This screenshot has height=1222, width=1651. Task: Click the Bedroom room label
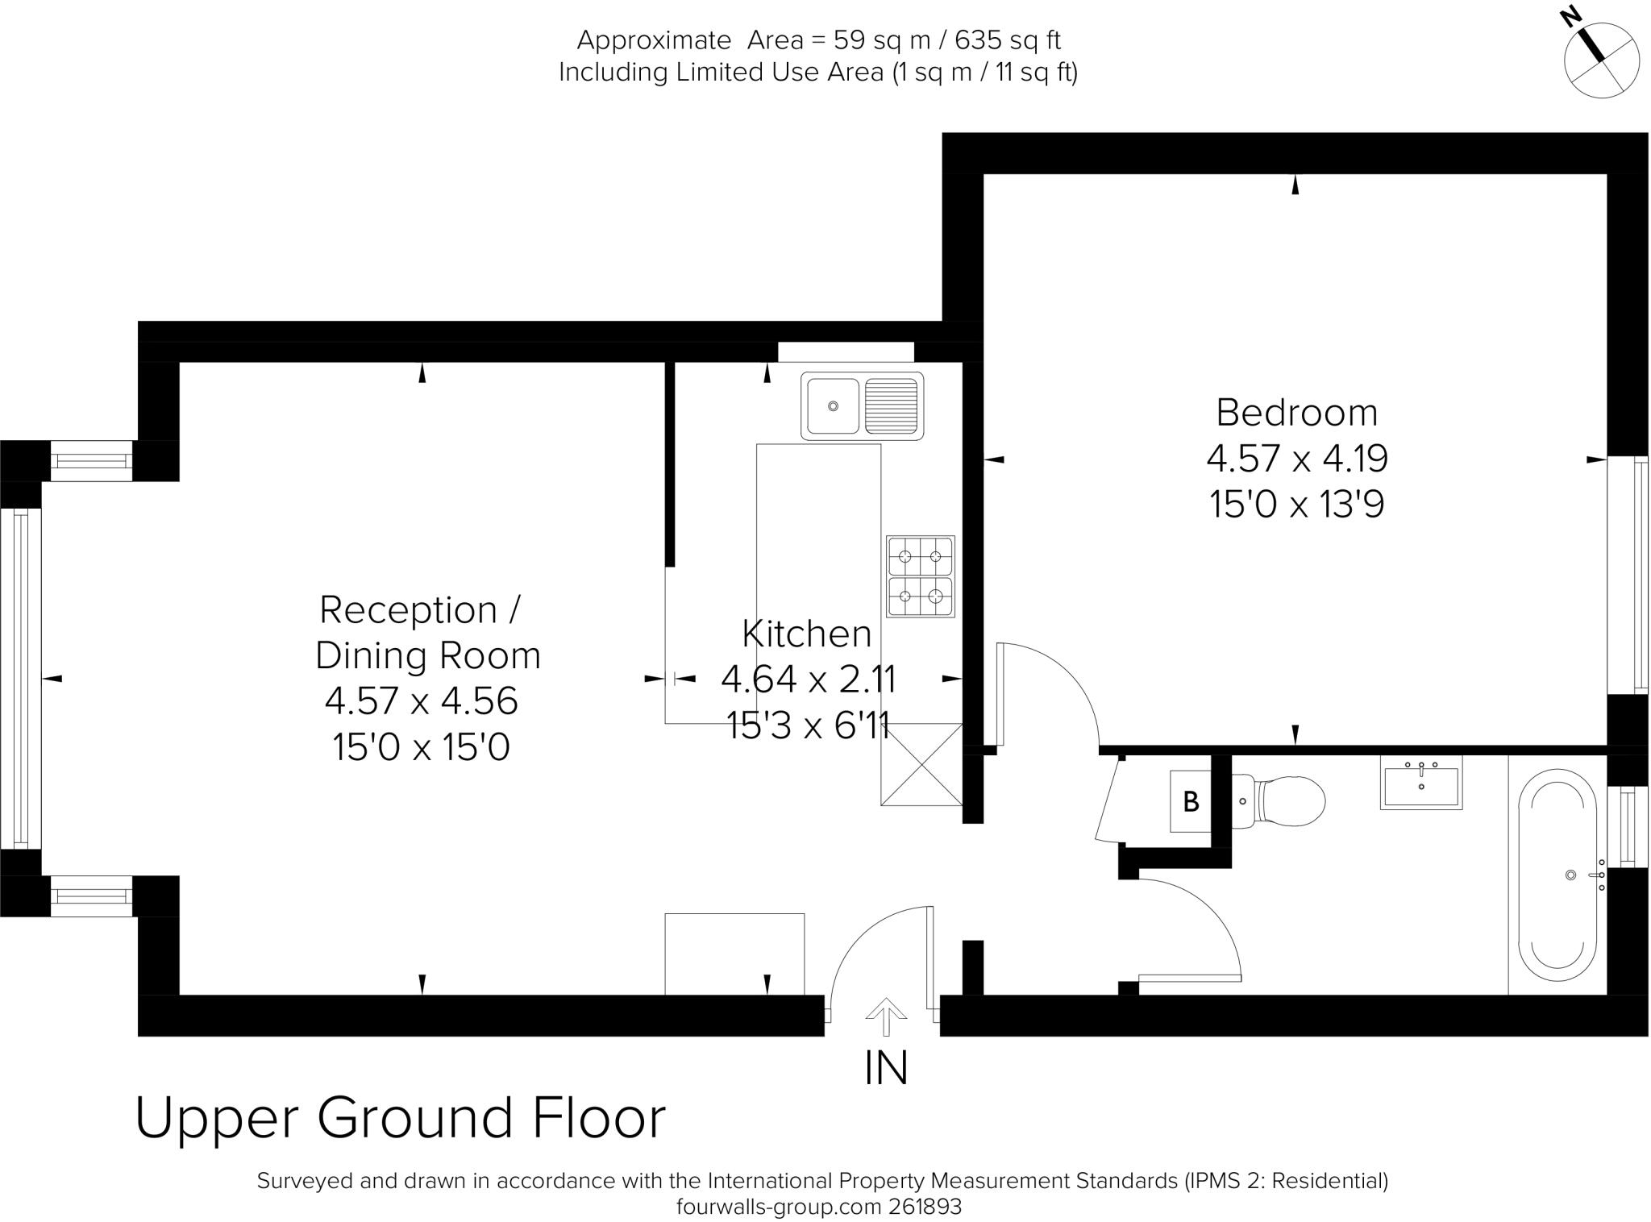click(1297, 413)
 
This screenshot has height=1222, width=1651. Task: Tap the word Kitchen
click(807, 634)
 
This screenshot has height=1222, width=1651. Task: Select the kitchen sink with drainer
click(862, 406)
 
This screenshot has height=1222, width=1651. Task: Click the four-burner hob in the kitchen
click(920, 576)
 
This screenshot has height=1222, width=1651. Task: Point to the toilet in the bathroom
click(1279, 801)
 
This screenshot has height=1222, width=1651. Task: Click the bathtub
click(1557, 875)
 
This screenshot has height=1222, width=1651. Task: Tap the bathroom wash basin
click(1421, 783)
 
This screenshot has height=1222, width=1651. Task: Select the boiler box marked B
click(1191, 801)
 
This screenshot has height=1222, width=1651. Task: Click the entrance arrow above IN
click(885, 1016)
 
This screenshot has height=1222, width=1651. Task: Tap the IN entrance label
click(886, 1068)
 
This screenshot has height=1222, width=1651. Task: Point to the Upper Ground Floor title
click(401, 1118)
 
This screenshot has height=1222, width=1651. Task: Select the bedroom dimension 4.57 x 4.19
click(1297, 459)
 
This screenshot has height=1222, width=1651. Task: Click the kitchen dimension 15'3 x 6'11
click(808, 725)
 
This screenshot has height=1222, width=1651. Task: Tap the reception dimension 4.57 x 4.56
click(422, 700)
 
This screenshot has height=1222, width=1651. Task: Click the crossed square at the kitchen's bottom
click(921, 764)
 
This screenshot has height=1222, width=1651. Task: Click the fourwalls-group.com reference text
click(819, 1207)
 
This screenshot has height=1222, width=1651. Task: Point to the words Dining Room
click(428, 655)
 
